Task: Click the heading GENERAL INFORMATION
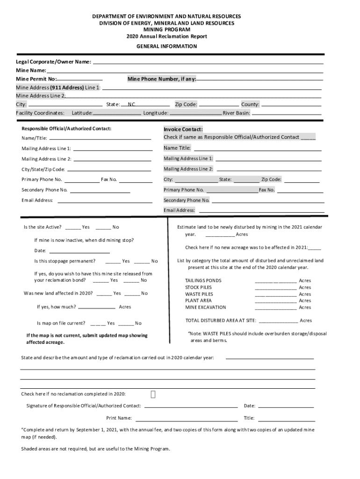tap(166, 46)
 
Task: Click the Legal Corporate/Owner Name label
tap(53, 62)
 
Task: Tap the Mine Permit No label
tap(36, 79)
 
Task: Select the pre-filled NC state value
tap(132, 104)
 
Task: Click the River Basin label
tap(237, 113)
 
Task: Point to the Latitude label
tap(82, 113)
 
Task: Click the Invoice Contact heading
tap(183, 129)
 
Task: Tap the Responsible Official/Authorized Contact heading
tap(66, 129)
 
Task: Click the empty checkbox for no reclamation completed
tap(153, 394)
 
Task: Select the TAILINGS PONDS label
tap(203, 281)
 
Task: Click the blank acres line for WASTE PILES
tap(275, 294)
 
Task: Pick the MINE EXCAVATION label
tap(205, 307)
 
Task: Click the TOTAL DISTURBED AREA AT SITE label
tap(221, 320)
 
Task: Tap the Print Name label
tap(119, 418)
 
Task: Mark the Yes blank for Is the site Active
tap(72, 227)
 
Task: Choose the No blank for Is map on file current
tap(126, 323)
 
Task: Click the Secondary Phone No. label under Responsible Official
tap(44, 190)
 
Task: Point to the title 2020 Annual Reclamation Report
tap(166, 36)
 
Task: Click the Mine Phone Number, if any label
tap(162, 79)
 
